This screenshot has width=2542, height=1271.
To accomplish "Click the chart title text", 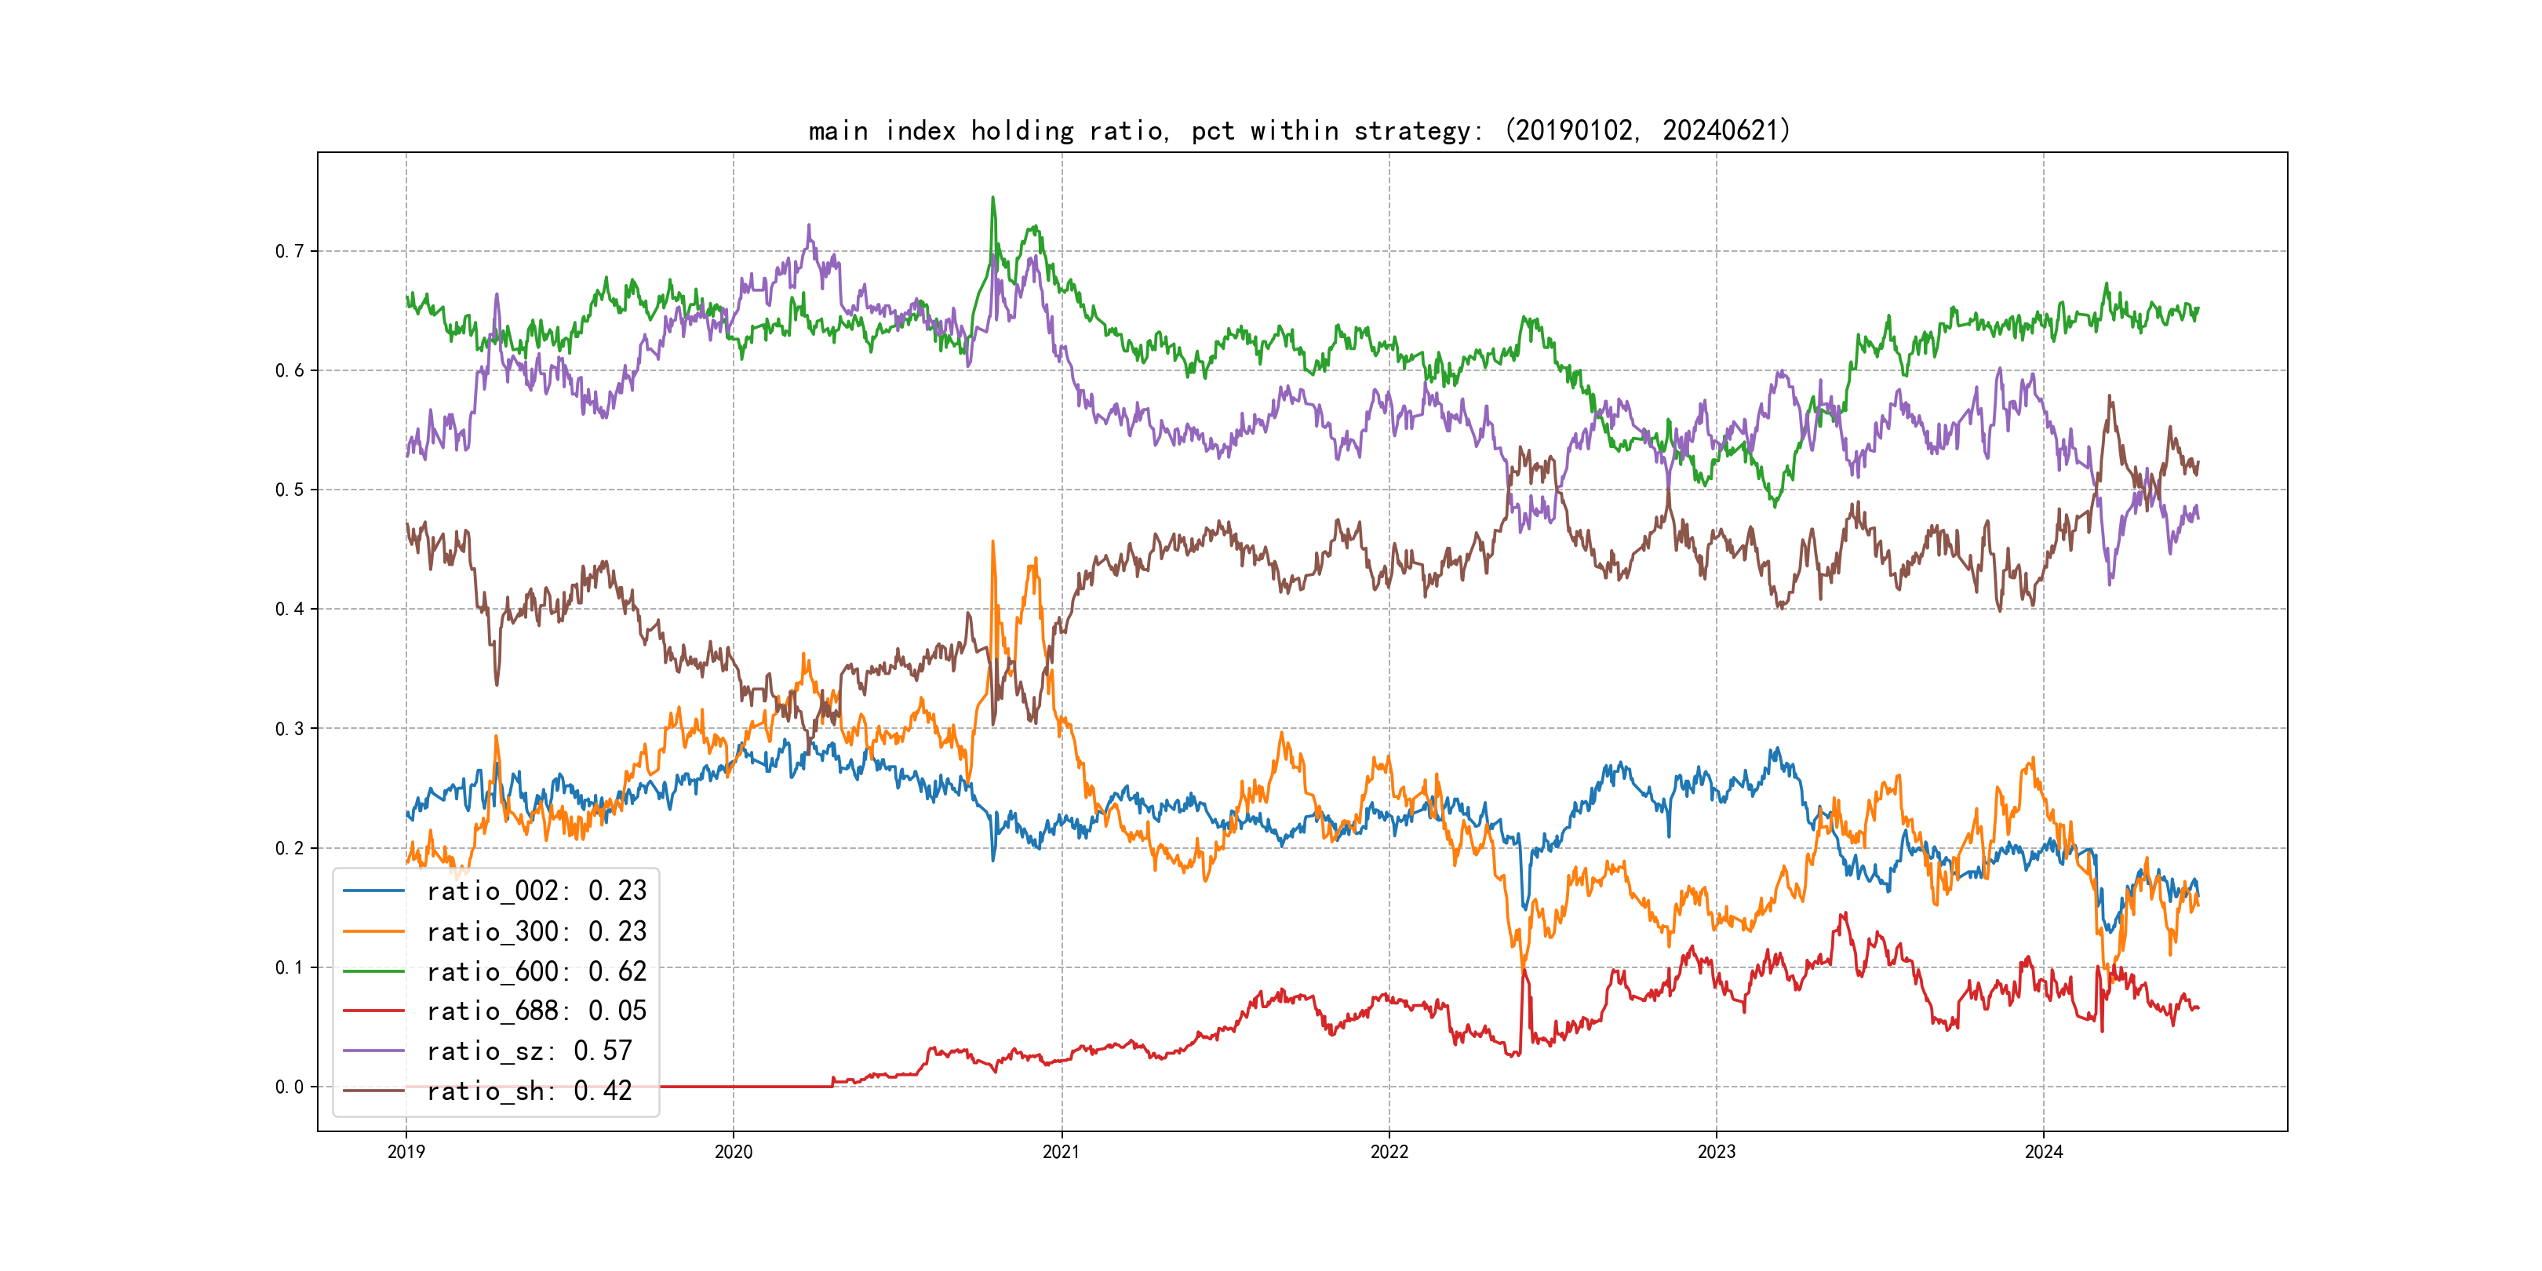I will (x=1298, y=130).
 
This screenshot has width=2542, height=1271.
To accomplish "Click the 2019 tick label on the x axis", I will (x=406, y=1152).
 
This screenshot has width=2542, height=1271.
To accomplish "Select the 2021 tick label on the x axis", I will (x=1061, y=1152).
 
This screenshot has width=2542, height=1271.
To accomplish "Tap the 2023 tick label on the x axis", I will (x=1716, y=1152).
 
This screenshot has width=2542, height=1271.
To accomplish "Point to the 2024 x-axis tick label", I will (x=2044, y=1152).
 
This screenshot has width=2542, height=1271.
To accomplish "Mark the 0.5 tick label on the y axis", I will (x=290, y=490).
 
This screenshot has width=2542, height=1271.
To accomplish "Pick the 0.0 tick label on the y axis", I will (x=290, y=1087).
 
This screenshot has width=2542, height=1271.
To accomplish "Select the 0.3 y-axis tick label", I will (x=290, y=729).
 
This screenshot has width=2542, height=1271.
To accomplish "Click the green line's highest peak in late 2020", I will (x=992, y=198).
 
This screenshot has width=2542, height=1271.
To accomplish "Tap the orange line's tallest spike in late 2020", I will (x=992, y=542).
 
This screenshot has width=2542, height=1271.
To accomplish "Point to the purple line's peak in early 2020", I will (x=809, y=226).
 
